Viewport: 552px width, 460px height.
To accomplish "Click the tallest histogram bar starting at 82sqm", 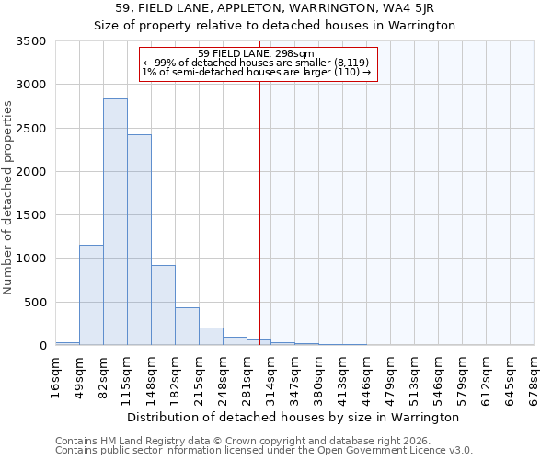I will (x=115, y=221).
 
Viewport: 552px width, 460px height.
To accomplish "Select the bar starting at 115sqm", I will (x=139, y=239).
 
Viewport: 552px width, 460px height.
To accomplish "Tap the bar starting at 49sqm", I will (x=91, y=294).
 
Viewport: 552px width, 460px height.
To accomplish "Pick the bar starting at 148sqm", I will (x=163, y=305).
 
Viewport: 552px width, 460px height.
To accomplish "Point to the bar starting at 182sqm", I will (x=187, y=326).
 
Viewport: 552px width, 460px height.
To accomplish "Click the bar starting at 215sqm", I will (x=211, y=336).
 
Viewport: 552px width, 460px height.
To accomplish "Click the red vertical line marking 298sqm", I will (x=259, y=202).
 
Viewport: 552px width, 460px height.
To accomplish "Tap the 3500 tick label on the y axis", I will (x=31, y=41).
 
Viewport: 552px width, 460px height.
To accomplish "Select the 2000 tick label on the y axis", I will (x=31, y=172).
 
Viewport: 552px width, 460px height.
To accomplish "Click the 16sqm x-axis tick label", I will (x=56, y=374).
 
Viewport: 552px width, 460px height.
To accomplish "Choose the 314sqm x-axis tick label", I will (x=271, y=374).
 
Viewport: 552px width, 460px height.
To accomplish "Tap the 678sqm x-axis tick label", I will (x=535, y=374).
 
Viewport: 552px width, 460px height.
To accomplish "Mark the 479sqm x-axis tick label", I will (x=391, y=374).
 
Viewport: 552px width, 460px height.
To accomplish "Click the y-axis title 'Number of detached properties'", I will (x=8, y=198).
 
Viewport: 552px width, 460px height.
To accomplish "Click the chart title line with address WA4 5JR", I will (x=275, y=9).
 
